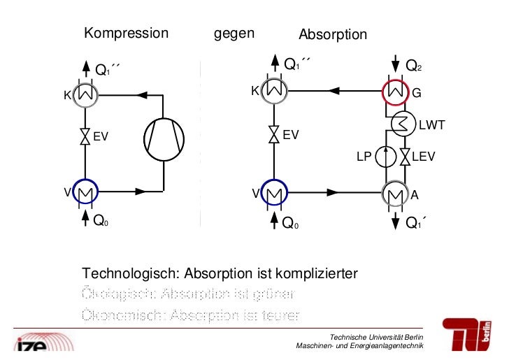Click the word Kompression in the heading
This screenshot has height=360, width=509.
[127, 33]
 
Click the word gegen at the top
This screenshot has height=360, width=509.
[234, 33]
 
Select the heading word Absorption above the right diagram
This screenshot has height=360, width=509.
[333, 35]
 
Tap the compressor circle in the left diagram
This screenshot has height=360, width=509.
[164, 138]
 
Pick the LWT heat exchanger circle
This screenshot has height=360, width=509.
[401, 124]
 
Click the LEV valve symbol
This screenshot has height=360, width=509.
[404, 157]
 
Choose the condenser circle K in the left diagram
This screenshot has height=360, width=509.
[86, 94]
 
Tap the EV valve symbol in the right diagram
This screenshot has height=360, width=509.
[273, 134]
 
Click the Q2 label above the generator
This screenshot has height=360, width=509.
[414, 66]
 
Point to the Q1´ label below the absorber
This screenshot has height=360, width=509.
[417, 224]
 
